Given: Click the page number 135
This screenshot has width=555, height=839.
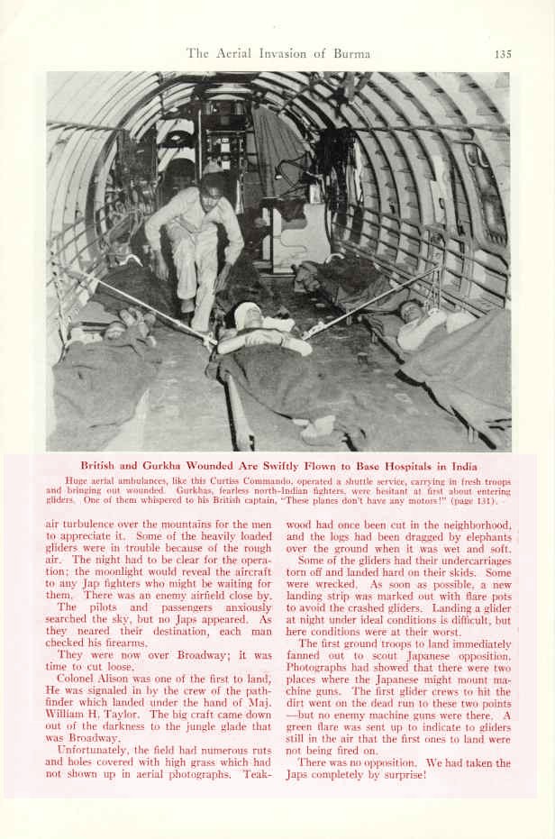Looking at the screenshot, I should pyautogui.click(x=503, y=54).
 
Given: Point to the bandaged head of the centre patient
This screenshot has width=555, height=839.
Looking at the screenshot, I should pyautogui.click(x=247, y=315).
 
